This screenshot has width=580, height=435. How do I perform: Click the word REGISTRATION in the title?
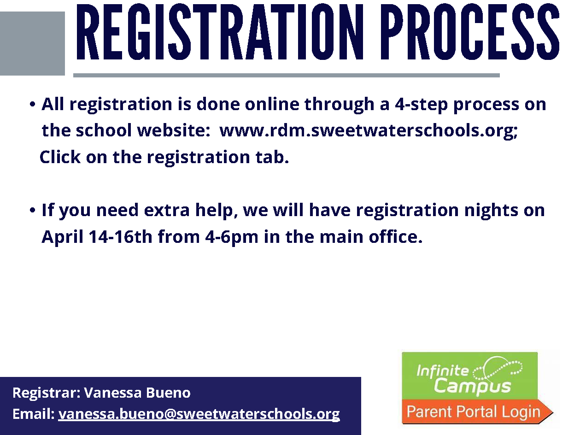click(217, 32)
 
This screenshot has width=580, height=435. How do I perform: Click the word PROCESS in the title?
click(470, 32)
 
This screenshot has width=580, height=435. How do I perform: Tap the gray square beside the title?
click(32, 43)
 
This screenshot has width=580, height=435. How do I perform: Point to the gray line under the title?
click(287, 75)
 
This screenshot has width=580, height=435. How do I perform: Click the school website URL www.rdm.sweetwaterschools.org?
click(369, 130)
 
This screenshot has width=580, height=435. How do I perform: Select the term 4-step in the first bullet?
click(422, 105)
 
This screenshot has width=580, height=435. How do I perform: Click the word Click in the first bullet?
click(60, 157)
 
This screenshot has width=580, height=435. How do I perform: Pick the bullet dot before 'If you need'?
click(32, 211)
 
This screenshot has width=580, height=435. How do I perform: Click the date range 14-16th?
click(120, 236)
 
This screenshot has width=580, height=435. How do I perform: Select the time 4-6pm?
click(232, 237)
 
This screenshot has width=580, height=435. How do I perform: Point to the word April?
click(62, 237)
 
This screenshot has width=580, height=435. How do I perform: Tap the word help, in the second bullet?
click(214, 211)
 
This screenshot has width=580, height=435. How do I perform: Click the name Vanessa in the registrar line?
click(113, 393)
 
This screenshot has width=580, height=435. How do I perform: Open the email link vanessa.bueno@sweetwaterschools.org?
click(199, 414)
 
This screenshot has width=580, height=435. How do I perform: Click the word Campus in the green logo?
click(472, 386)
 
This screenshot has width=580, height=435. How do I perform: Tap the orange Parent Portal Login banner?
click(477, 411)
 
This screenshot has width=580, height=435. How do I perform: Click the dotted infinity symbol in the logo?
click(497, 369)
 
